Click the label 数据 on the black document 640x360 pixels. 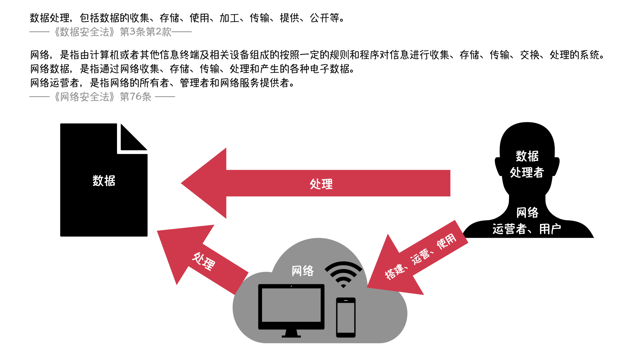click(x=104, y=181)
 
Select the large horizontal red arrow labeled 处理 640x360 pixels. click(x=315, y=183)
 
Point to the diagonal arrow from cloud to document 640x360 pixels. click(x=203, y=259)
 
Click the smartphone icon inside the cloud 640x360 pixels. click(x=346, y=317)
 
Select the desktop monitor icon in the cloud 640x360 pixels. click(x=291, y=310)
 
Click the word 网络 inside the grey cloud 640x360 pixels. click(x=303, y=271)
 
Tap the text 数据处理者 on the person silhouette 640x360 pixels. click(x=527, y=164)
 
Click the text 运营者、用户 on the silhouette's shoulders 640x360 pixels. click(x=527, y=229)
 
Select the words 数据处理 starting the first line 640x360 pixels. click(x=50, y=18)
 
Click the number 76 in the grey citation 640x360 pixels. click(x=135, y=97)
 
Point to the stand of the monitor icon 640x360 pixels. click(x=291, y=333)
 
